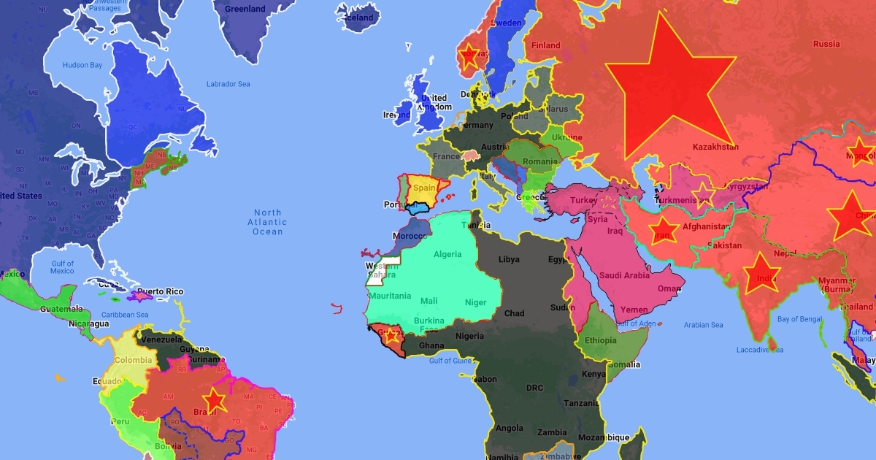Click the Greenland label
pyautogui.click(x=245, y=9)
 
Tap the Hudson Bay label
pyautogui.click(x=82, y=65)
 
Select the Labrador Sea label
pyautogui.click(x=228, y=83)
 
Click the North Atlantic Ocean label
pyautogui.click(x=267, y=222)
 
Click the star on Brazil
pyautogui.click(x=214, y=400)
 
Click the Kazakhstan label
pyautogui.click(x=715, y=147)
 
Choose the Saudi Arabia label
pyautogui.click(x=624, y=275)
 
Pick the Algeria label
pyautogui.click(x=448, y=254)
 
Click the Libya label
pyautogui.click(x=509, y=259)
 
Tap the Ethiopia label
pyautogui.click(x=600, y=340)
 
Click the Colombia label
pyautogui.click(x=132, y=360)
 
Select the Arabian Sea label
pyautogui.click(x=703, y=325)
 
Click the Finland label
pyautogui.click(x=545, y=45)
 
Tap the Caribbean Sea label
pyautogui.click(x=125, y=315)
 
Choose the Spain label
pyautogui.click(x=424, y=188)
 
